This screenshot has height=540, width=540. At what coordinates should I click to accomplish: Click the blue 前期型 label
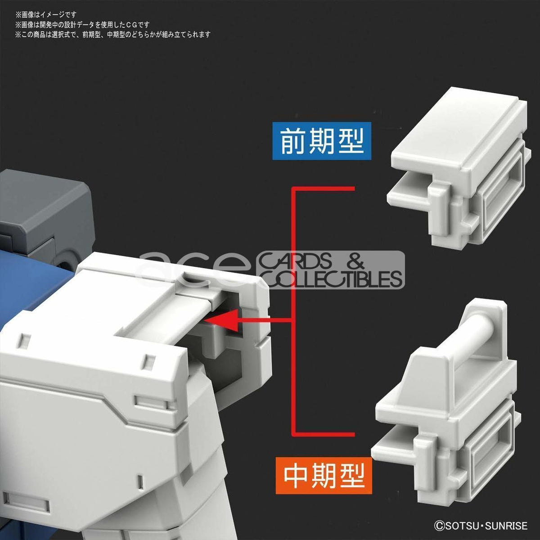tap(322, 141)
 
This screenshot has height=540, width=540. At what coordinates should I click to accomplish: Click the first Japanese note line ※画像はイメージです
tap(46, 14)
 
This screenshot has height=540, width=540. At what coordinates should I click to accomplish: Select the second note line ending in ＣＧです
tap(82, 25)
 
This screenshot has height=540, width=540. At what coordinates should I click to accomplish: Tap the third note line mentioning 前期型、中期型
tap(112, 35)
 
